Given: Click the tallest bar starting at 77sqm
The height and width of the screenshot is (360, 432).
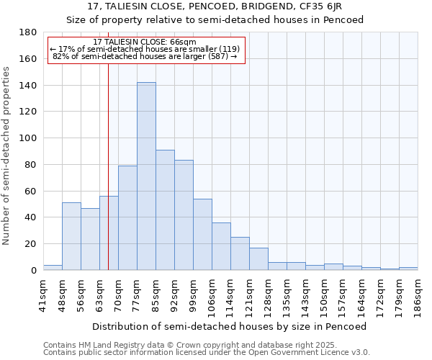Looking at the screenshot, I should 146,176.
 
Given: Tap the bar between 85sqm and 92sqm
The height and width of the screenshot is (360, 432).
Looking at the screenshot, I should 165,210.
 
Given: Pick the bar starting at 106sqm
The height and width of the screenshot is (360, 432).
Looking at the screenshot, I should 221,246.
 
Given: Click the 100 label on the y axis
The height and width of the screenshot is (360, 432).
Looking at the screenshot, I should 30,138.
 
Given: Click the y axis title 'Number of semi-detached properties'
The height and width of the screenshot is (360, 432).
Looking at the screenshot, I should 7,156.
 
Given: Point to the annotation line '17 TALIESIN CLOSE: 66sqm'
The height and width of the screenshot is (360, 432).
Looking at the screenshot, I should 145,42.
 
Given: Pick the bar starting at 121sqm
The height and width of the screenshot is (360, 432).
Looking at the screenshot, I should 258,258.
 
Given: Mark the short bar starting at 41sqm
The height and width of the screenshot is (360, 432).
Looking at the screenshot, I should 53,267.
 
